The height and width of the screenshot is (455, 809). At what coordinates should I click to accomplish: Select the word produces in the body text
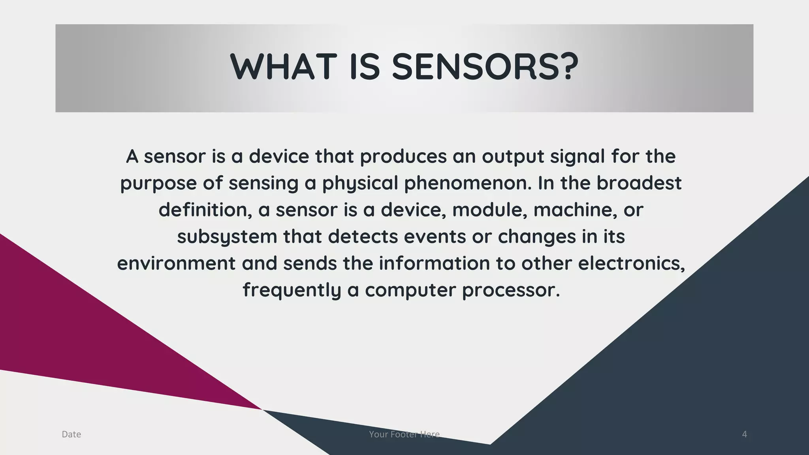point(403,157)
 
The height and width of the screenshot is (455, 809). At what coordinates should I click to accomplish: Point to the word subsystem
point(227,237)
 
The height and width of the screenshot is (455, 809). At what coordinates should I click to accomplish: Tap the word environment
point(176,263)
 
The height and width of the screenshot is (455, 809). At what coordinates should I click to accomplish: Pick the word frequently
point(292,290)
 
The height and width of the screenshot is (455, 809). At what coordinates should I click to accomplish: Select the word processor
point(511,290)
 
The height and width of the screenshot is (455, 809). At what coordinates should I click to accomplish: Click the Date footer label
point(71,434)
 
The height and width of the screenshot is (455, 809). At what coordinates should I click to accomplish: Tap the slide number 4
point(745,434)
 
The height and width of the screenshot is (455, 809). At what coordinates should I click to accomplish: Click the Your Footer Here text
point(404,434)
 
